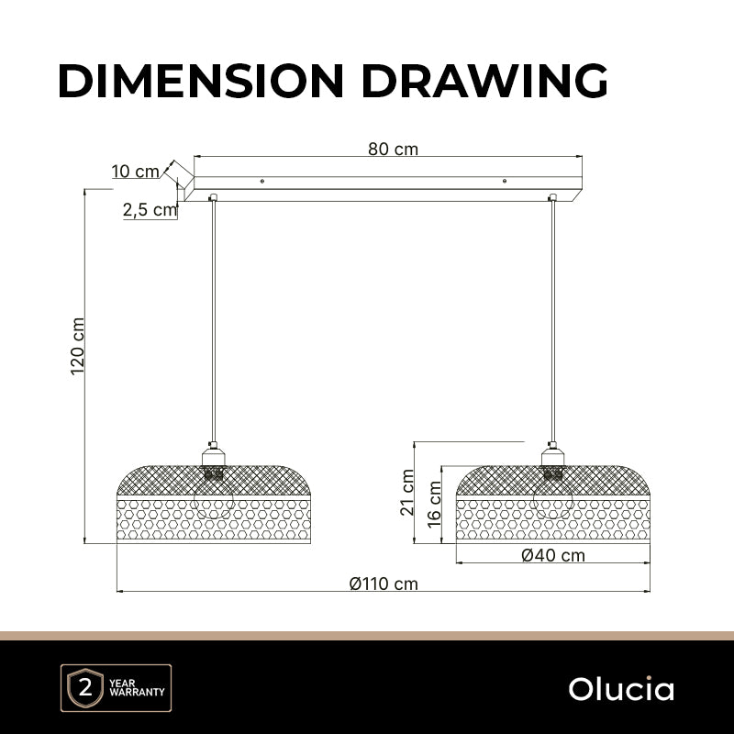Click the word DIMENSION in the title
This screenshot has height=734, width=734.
[x=201, y=81]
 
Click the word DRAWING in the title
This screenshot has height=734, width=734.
[x=484, y=81]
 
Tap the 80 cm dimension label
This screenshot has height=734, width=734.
[x=393, y=149]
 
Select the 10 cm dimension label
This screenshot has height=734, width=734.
[x=135, y=172]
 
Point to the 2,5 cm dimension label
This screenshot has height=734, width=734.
[x=150, y=210]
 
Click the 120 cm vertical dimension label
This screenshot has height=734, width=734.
[x=78, y=347]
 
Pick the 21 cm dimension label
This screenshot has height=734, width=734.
[x=407, y=493]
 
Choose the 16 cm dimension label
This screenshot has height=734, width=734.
[x=434, y=505]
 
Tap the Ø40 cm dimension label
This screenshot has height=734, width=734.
[x=553, y=555]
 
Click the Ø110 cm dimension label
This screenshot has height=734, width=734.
[x=384, y=584]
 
